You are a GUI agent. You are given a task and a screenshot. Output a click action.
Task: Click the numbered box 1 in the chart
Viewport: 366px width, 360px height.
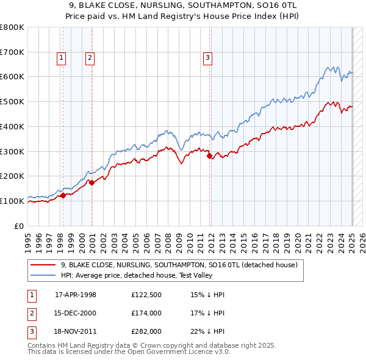click(x=62, y=58)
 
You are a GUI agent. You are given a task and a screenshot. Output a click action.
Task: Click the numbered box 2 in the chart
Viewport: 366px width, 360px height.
click(x=90, y=58)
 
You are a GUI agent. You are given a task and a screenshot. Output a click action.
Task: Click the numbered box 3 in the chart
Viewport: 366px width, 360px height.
click(x=207, y=58)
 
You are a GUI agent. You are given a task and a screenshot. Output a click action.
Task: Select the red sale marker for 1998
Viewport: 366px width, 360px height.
click(x=63, y=195)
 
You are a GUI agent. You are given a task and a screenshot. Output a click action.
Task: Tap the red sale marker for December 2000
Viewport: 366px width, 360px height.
click(x=91, y=182)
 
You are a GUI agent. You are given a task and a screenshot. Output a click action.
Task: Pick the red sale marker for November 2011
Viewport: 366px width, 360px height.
click(x=210, y=156)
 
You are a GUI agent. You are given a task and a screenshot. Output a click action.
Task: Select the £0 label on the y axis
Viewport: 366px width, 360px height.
click(x=19, y=226)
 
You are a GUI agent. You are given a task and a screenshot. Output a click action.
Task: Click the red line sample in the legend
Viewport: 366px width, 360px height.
click(x=43, y=265)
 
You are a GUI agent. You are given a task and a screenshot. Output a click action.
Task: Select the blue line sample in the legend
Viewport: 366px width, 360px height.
click(x=43, y=275)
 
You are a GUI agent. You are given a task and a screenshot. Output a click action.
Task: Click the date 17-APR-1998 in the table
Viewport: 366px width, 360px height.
click(x=76, y=295)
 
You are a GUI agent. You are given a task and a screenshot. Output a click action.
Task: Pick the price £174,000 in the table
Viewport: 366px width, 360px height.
click(x=146, y=313)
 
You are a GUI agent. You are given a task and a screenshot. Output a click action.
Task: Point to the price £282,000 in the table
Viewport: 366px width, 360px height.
click(x=146, y=331)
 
